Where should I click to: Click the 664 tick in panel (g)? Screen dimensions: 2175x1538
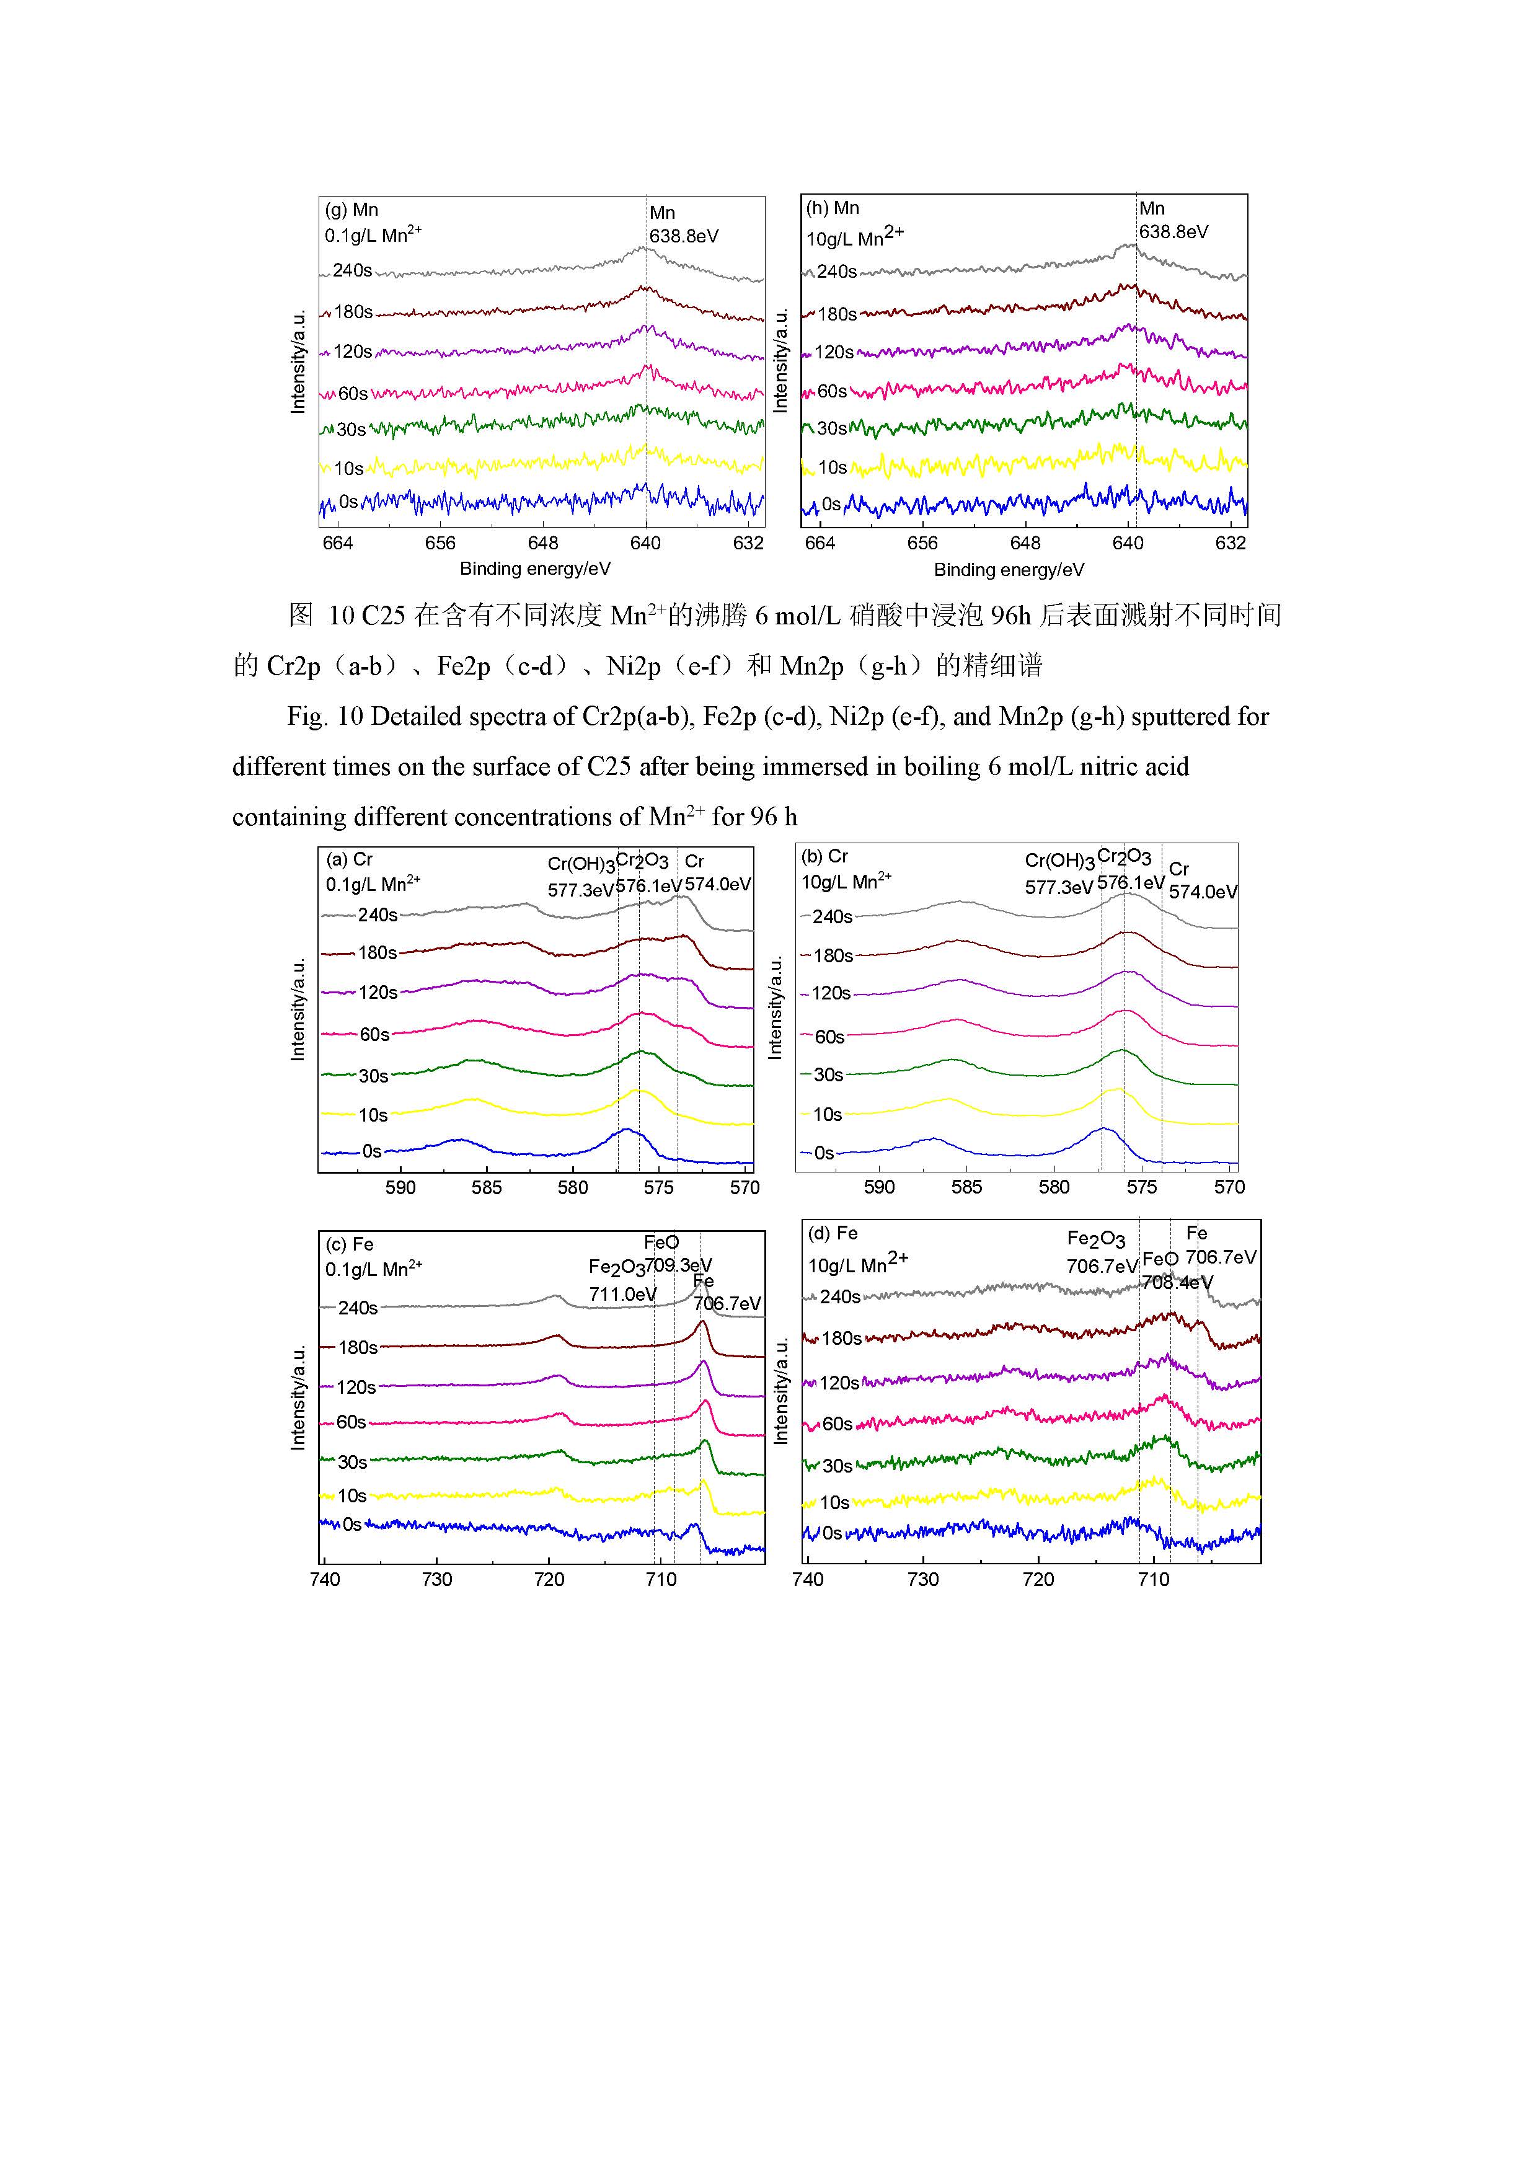coord(338,543)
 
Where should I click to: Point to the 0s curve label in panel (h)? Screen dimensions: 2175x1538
coord(831,504)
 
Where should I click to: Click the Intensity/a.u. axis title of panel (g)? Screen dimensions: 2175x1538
coord(298,361)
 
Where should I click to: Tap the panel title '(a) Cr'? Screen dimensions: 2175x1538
coord(350,859)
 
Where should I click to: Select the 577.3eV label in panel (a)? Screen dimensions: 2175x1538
coord(580,890)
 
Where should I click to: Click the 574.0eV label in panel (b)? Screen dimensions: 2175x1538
coord(1203,892)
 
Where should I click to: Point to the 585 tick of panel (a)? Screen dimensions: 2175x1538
coord(487,1187)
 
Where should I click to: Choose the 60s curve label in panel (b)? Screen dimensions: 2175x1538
coord(829,1036)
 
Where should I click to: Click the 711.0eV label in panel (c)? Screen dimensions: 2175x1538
coord(622,1294)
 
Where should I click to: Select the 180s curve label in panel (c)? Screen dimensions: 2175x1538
coord(358,1347)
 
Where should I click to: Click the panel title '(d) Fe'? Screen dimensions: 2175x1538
coord(833,1233)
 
